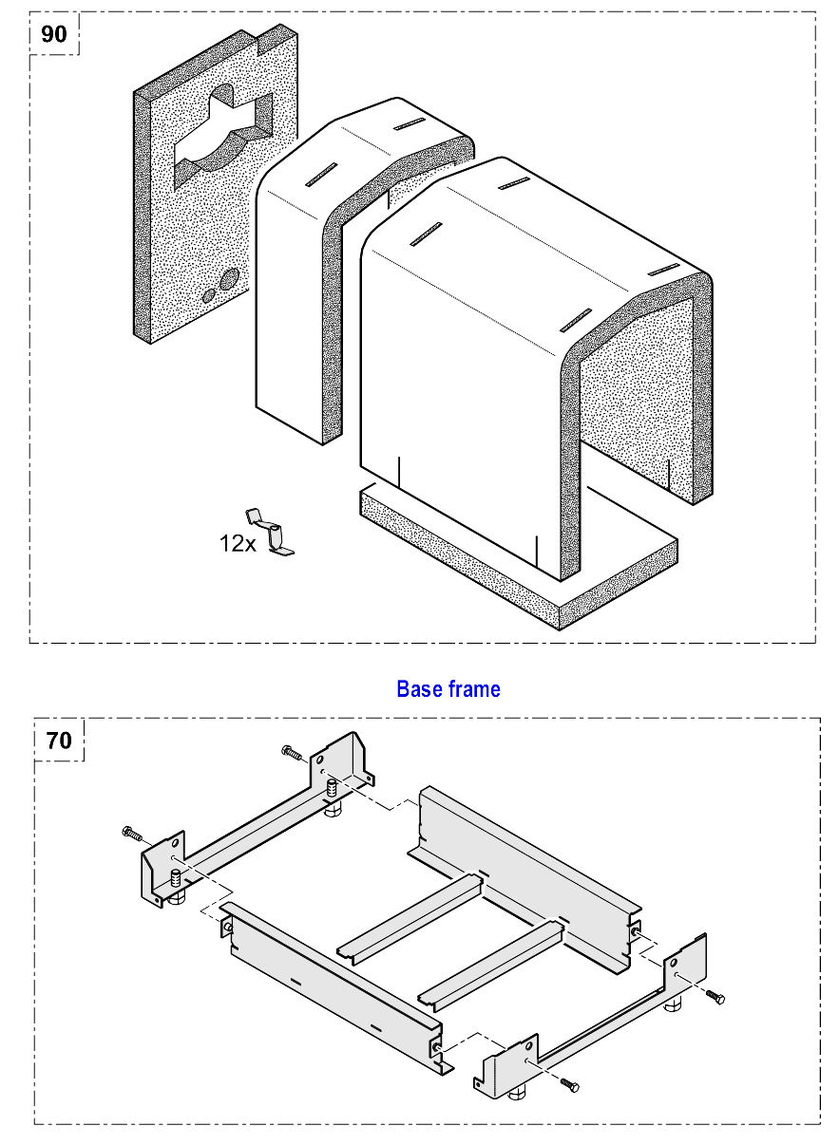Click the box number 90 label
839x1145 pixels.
coord(54,34)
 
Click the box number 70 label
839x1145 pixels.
coord(59,741)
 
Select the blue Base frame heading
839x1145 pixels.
coord(448,689)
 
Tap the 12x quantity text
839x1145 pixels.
coord(238,543)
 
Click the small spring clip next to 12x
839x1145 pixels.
coord(270,533)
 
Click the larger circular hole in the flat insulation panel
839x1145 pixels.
coord(229,279)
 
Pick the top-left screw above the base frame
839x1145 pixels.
coord(292,754)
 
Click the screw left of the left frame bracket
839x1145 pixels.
coord(132,835)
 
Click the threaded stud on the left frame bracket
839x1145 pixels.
coord(331,789)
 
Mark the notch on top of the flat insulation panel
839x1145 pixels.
coord(257,39)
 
